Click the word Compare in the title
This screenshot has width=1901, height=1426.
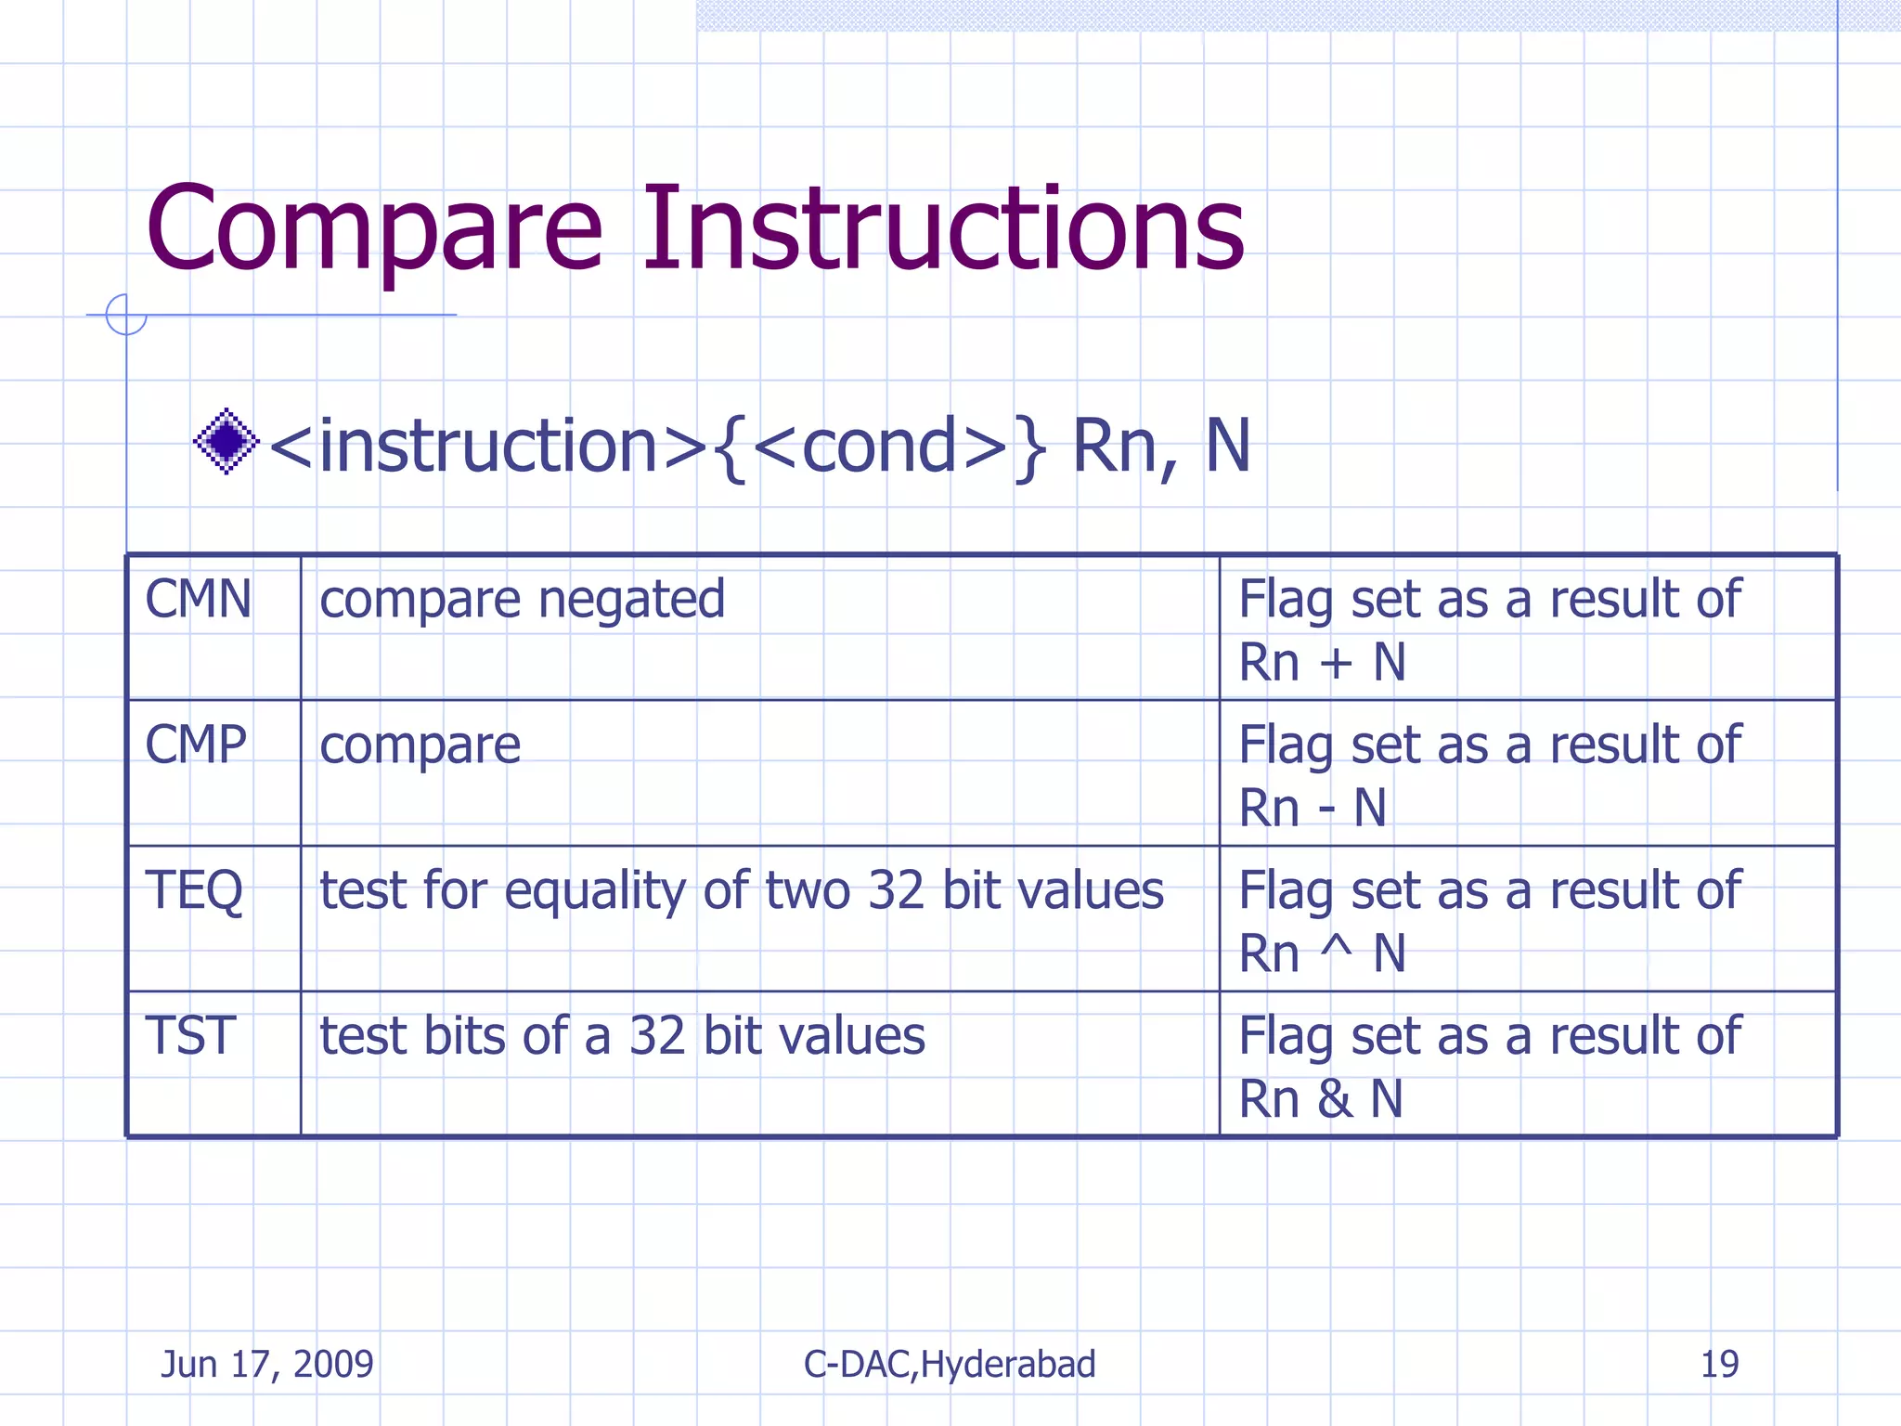click(374, 229)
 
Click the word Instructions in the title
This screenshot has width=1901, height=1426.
click(943, 229)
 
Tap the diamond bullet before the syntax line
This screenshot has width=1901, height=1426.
click(226, 442)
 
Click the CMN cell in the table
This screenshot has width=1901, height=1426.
click(199, 599)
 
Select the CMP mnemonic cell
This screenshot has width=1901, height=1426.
click(196, 745)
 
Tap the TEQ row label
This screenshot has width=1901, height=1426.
click(194, 890)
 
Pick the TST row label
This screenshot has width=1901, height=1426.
click(190, 1036)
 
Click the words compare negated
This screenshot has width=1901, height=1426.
click(522, 601)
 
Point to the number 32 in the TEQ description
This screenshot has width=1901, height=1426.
click(896, 890)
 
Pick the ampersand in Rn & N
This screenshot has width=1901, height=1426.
click(1334, 1099)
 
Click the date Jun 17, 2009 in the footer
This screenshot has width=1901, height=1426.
click(267, 1364)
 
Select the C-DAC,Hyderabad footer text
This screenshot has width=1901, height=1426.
click(950, 1364)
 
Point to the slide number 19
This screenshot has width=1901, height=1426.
click(1719, 1364)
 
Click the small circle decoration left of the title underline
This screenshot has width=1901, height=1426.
click(125, 315)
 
